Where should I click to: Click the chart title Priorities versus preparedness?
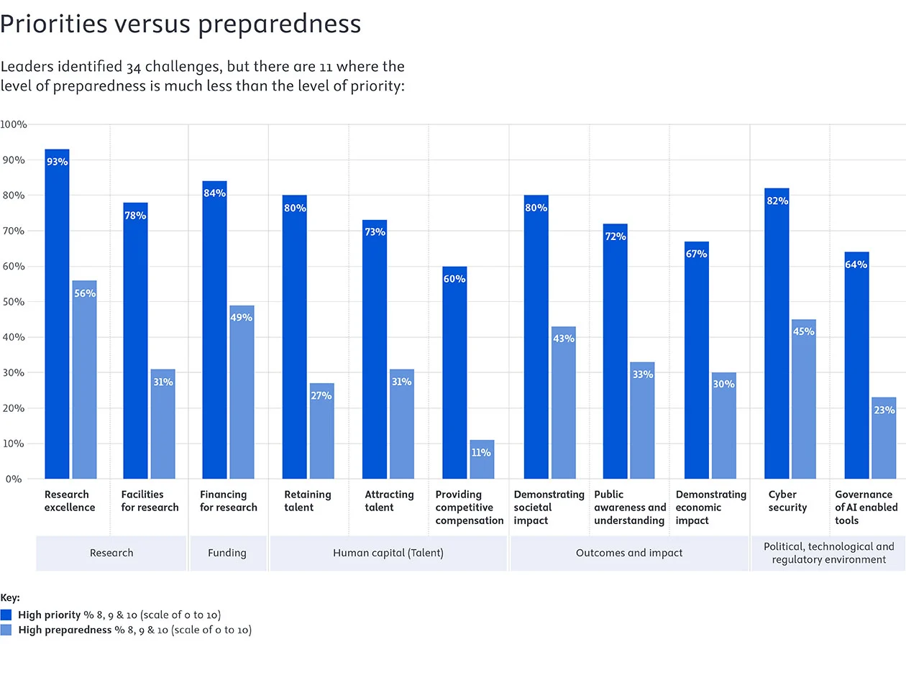pyautogui.click(x=180, y=24)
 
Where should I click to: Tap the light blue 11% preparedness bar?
pyautogui.click(x=482, y=459)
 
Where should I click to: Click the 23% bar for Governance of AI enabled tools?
pyautogui.click(x=883, y=438)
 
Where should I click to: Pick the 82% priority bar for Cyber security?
pyautogui.click(x=777, y=334)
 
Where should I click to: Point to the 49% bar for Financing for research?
pyautogui.click(x=242, y=392)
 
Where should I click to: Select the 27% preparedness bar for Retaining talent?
pyautogui.click(x=321, y=431)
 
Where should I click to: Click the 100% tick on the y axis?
pyautogui.click(x=14, y=124)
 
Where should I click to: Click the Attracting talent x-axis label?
pyautogui.click(x=389, y=501)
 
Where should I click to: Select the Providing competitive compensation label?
pyautogui.click(x=469, y=507)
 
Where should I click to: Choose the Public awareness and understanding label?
pyautogui.click(x=630, y=507)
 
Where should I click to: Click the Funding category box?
pyautogui.click(x=227, y=553)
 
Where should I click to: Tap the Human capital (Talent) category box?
pyautogui.click(x=388, y=553)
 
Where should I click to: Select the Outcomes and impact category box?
pyautogui.click(x=629, y=553)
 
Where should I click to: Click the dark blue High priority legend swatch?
pyautogui.click(x=6, y=615)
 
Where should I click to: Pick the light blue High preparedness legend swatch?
pyautogui.click(x=6, y=630)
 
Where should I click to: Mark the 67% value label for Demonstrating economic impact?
pyautogui.click(x=696, y=254)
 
